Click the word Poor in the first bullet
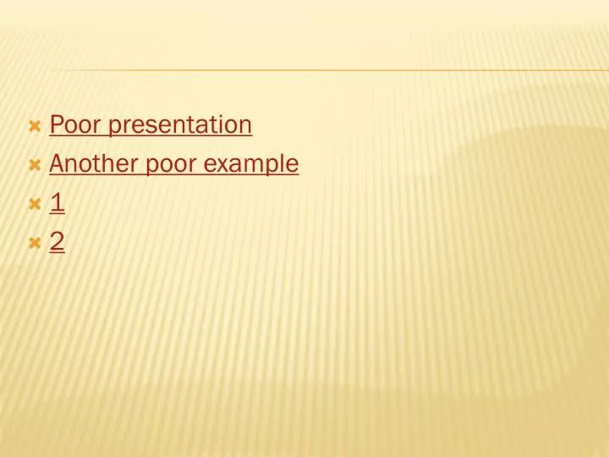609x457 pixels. tap(76, 125)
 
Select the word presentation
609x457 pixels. tap(180, 126)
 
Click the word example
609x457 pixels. tap(251, 164)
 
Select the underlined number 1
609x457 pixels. tap(57, 203)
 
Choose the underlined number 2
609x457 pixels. tap(57, 242)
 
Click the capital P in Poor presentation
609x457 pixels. tap(57, 125)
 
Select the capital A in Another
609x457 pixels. tap(58, 163)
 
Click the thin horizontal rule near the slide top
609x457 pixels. tap(338, 70)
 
